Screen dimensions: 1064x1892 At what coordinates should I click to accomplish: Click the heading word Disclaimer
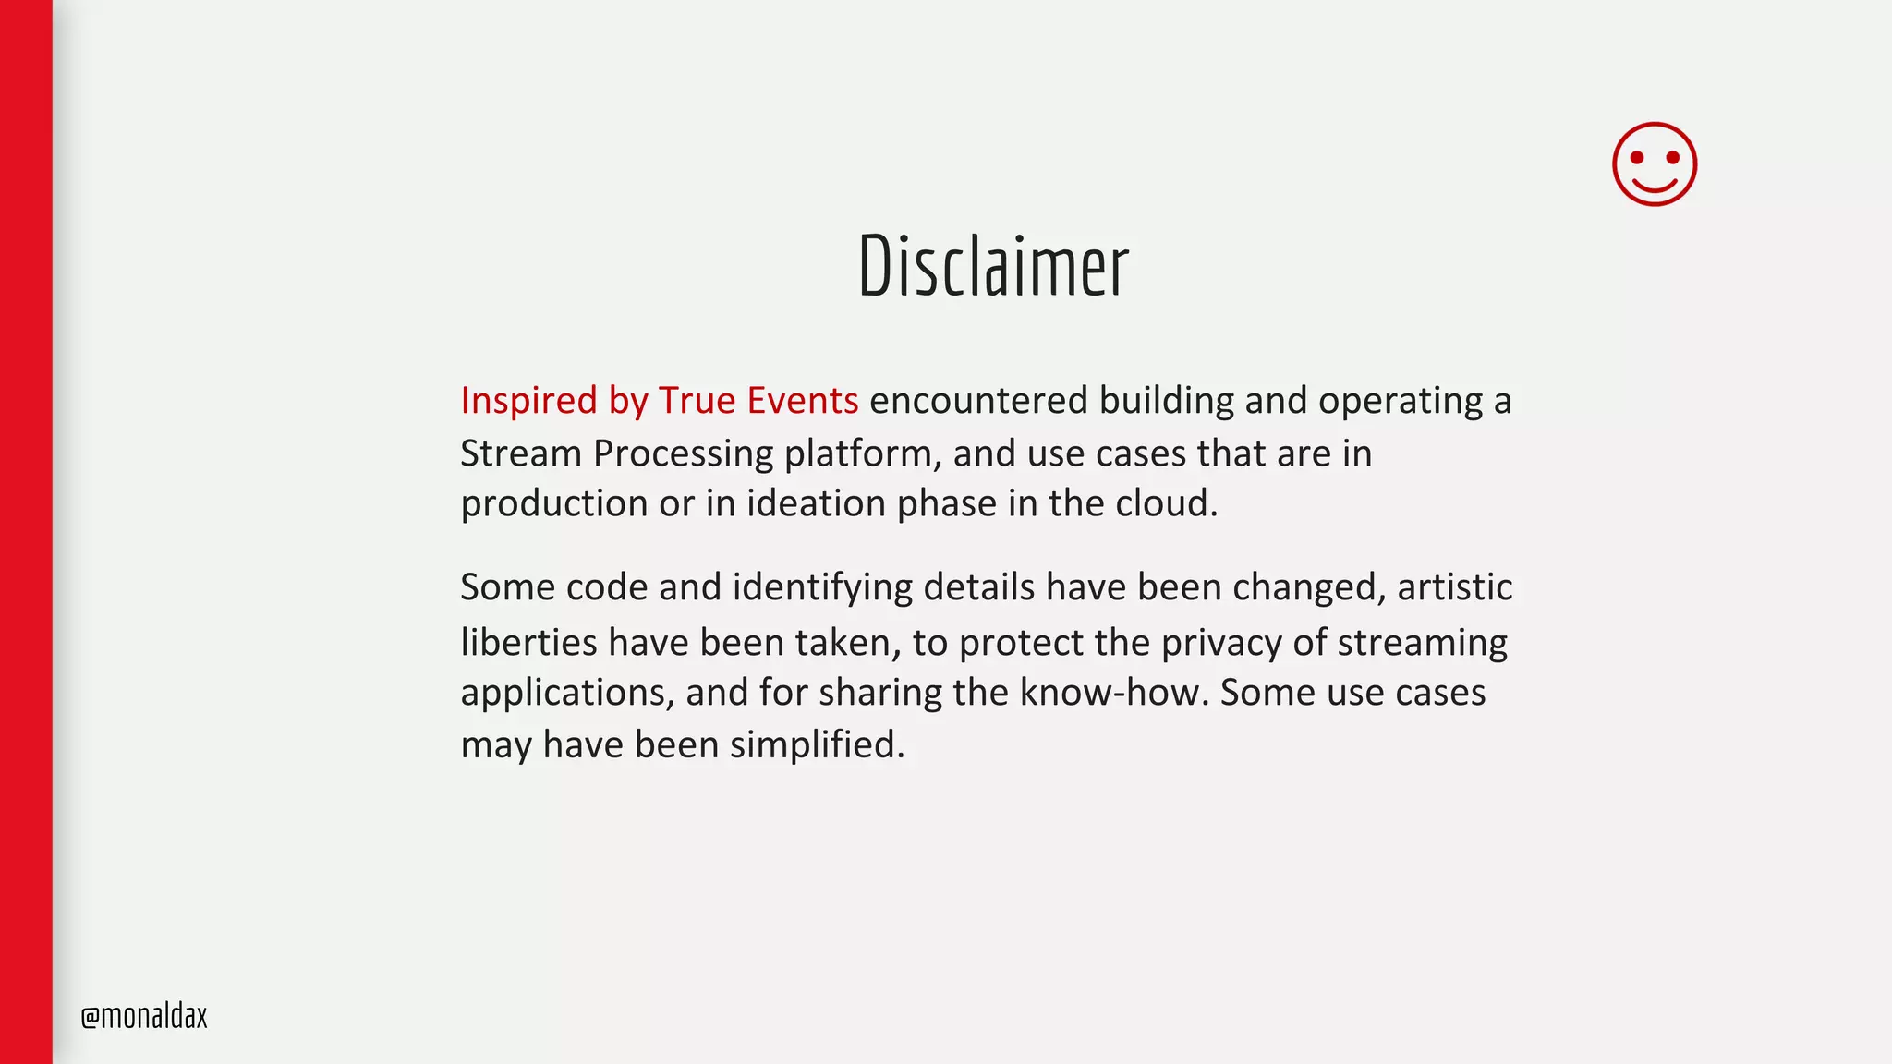click(993, 266)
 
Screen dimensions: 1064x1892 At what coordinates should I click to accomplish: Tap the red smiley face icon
click(1654, 164)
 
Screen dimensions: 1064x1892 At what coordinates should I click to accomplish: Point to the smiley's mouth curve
click(1655, 187)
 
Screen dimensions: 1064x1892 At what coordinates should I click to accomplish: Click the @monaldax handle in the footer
click(144, 1016)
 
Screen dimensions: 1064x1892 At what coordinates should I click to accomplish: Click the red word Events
click(802, 401)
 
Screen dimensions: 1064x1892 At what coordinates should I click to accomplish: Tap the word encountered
click(978, 401)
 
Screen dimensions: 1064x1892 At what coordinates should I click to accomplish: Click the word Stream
click(521, 453)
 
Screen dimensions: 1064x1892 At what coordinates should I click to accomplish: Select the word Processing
click(683, 453)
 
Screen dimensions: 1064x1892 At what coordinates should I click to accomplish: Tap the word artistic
click(1454, 587)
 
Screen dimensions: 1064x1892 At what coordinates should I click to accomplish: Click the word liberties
click(528, 642)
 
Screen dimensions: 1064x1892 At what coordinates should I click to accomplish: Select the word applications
click(567, 693)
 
